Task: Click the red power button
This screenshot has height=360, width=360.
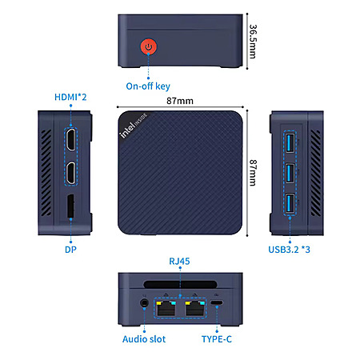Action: (x=149, y=46)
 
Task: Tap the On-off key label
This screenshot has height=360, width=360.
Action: (x=148, y=86)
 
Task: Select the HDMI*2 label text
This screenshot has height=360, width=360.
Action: (x=70, y=97)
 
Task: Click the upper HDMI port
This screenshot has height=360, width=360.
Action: (x=70, y=140)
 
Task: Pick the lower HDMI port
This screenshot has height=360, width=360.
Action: (x=70, y=173)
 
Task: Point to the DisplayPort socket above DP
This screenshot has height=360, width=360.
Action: (x=70, y=206)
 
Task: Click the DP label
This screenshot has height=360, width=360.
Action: (x=70, y=250)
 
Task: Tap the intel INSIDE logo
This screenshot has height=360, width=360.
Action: (x=134, y=126)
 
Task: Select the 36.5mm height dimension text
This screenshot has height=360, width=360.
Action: (x=253, y=42)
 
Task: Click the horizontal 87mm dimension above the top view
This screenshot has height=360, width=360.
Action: (x=180, y=101)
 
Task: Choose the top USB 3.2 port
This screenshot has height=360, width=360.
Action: (x=290, y=143)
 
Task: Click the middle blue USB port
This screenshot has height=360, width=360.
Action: (x=290, y=174)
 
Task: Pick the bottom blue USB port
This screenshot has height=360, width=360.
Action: (x=290, y=204)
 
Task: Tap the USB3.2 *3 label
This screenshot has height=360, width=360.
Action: (x=289, y=250)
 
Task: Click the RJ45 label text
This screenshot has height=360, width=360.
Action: (x=179, y=261)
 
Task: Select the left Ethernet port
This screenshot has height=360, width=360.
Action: (x=166, y=308)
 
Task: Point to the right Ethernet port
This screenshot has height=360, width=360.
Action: (x=195, y=308)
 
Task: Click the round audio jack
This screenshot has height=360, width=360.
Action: (x=145, y=303)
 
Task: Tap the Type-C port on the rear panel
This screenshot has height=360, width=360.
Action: (x=217, y=303)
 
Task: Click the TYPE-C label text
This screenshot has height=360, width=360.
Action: (x=217, y=339)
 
